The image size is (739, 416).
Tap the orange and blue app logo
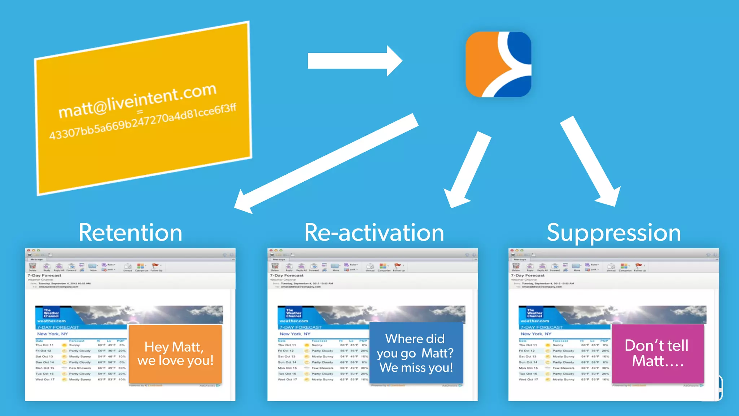pos(498,64)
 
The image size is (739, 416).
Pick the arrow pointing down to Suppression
pos(590,161)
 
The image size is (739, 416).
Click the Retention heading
pos(130,233)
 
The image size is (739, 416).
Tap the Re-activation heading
pos(374,233)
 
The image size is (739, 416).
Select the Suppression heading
pos(613,233)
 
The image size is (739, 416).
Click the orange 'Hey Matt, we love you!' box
pos(175,354)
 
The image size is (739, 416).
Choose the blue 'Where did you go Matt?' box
pos(416,353)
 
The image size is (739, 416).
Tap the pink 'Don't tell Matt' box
pos(657,353)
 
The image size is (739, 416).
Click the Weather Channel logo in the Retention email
pos(51,313)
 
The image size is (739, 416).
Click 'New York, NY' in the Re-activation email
pos(295,334)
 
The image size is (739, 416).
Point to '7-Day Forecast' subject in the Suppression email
pos(528,276)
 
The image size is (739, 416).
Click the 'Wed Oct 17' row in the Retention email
pos(45,380)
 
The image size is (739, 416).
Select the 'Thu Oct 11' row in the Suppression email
pos(528,345)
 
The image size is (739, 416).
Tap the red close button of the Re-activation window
pos(271,250)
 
